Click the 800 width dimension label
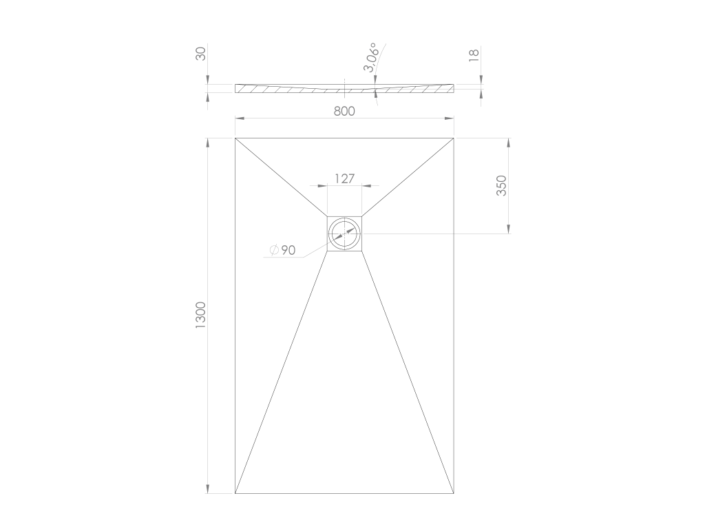344,111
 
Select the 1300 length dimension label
200,315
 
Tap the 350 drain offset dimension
501,185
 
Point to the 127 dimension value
344,178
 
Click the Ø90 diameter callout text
283,250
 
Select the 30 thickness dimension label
201,54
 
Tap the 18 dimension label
474,55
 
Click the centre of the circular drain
344,234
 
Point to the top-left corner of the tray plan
235,138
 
